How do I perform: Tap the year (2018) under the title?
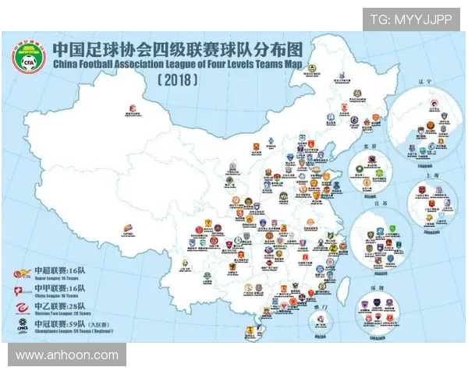178,79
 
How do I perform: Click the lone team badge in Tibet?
127,228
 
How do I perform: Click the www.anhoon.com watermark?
67,355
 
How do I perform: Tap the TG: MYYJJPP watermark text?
410,19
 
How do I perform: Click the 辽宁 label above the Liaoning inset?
425,100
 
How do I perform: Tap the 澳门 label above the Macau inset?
321,306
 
